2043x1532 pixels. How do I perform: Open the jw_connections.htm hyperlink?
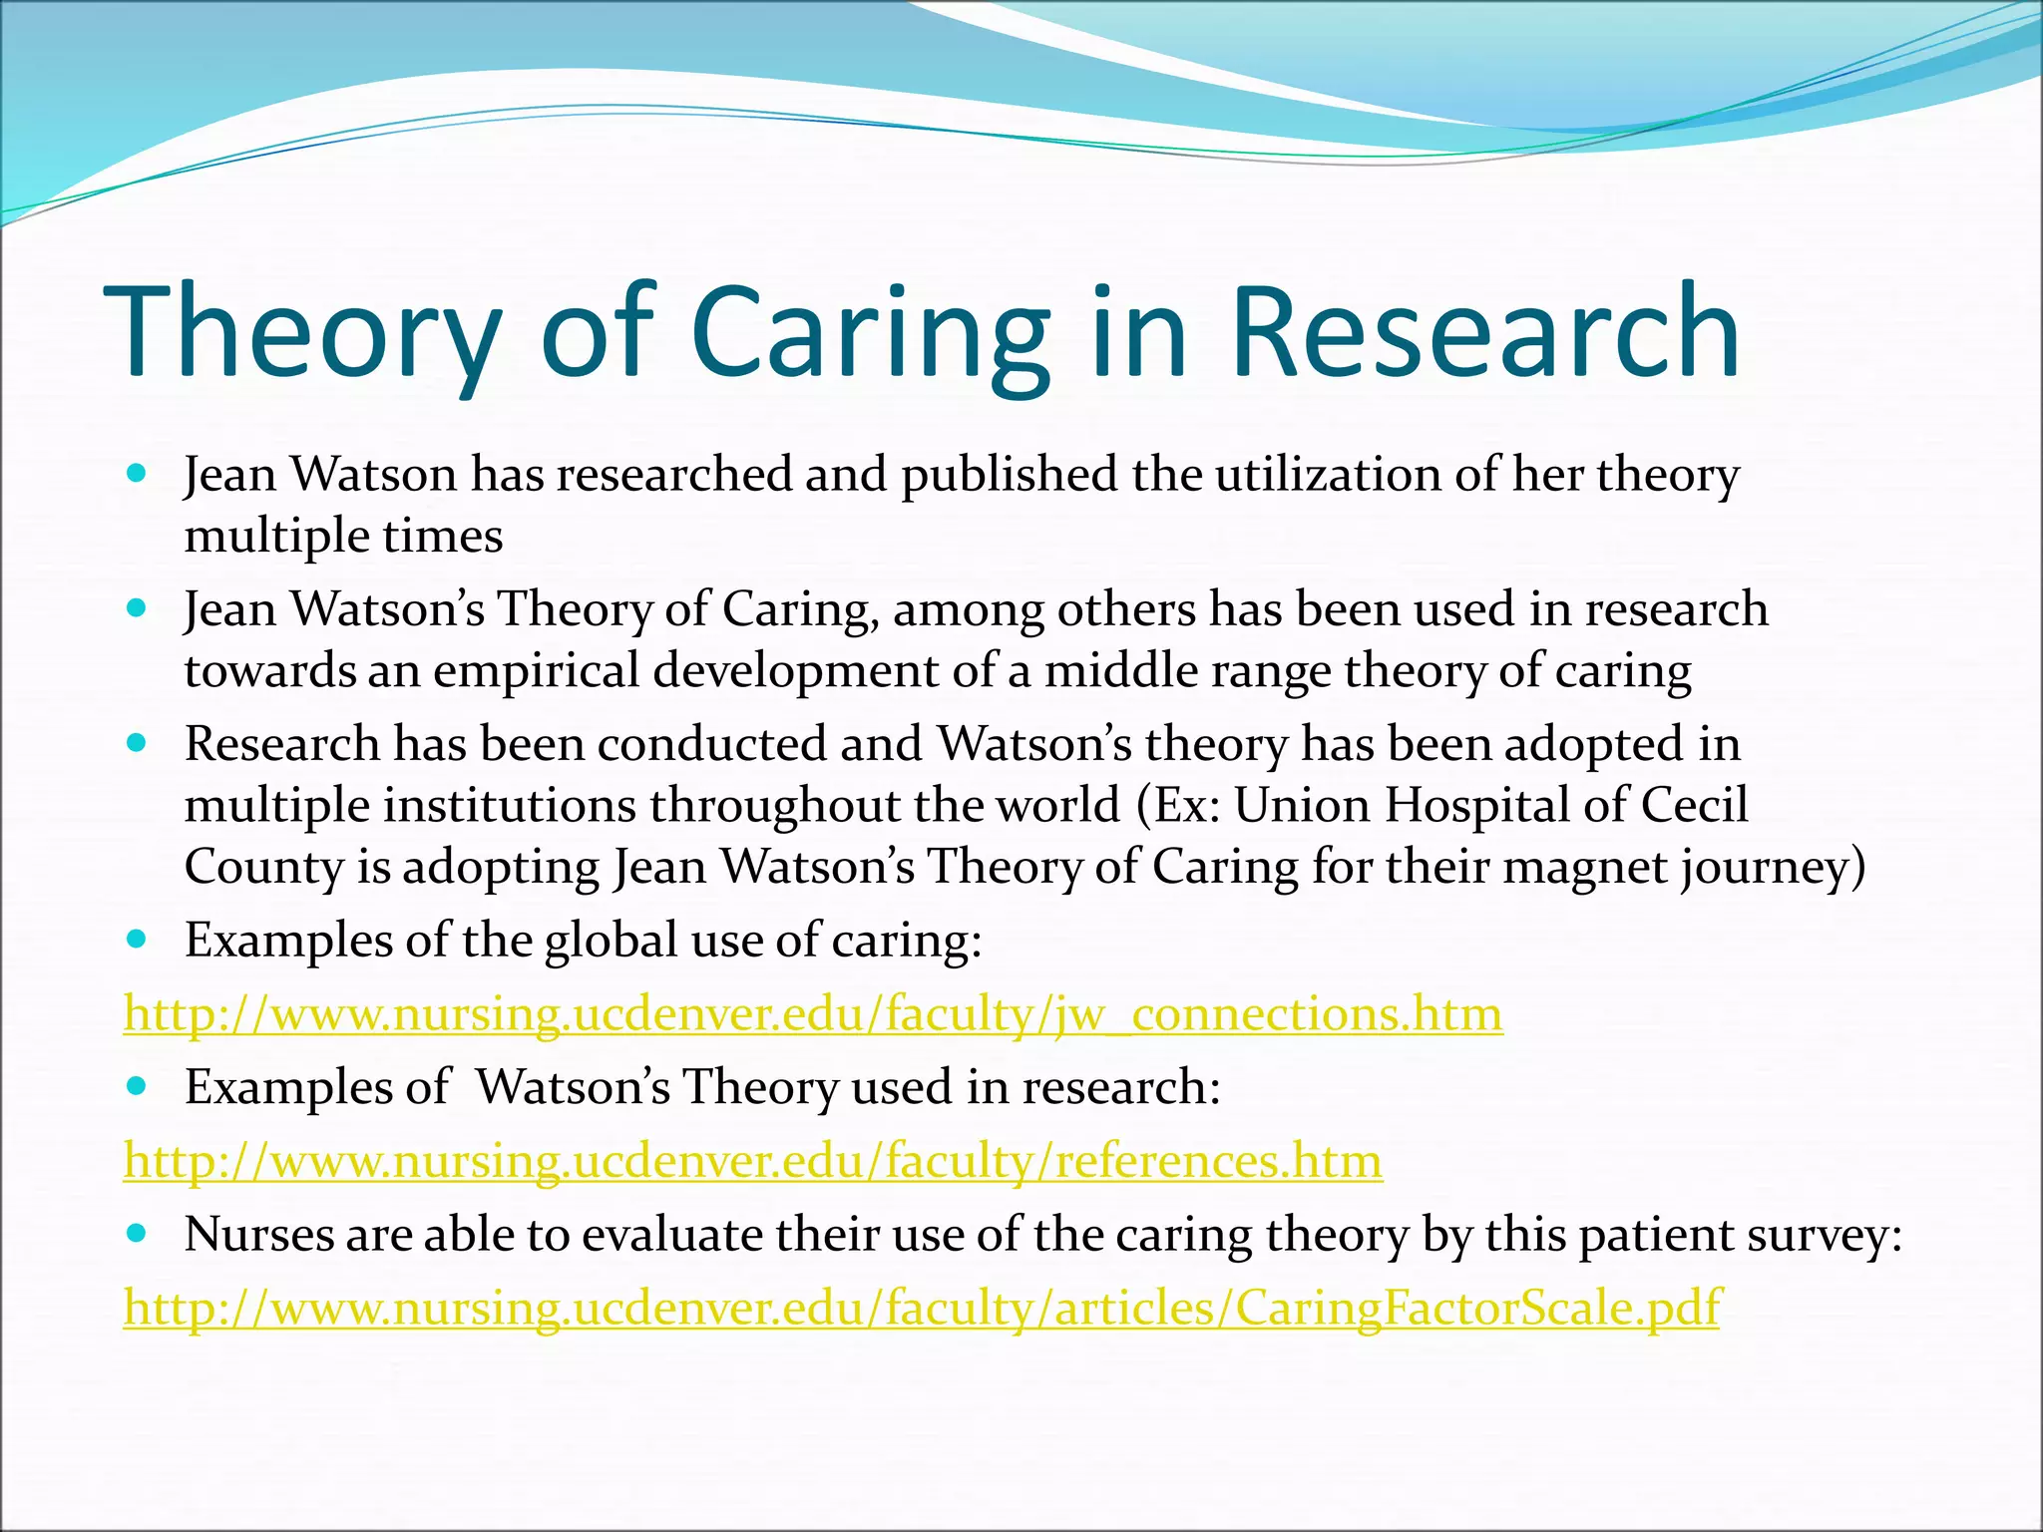coord(813,1014)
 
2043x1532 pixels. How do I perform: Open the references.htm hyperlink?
coord(753,1161)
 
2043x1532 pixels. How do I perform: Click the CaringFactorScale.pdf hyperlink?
coord(923,1308)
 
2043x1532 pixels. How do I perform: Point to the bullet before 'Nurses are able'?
coord(138,1234)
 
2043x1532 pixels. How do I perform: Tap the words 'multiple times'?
coord(343,537)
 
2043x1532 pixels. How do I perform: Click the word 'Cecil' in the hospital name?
coord(1694,805)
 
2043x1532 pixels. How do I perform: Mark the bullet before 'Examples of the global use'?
coord(138,939)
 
